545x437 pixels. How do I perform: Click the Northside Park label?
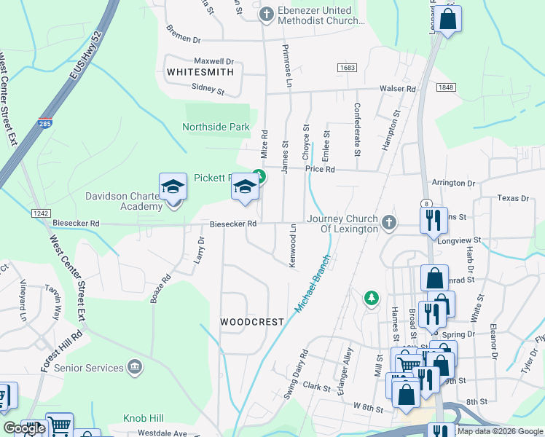pyautogui.click(x=216, y=127)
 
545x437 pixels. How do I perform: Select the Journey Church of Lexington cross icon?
pyautogui.click(x=389, y=223)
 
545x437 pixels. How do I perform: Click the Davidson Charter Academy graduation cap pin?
pyautogui.click(x=173, y=188)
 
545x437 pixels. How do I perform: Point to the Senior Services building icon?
pyautogui.click(x=134, y=367)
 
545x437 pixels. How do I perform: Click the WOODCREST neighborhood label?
pyautogui.click(x=251, y=321)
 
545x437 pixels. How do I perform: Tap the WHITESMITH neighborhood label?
pyautogui.click(x=200, y=72)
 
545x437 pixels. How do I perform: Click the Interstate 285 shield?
pyautogui.click(x=45, y=123)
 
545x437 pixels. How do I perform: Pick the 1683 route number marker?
pyautogui.click(x=347, y=67)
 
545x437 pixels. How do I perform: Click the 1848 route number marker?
pyautogui.click(x=446, y=87)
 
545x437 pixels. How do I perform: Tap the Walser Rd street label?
pyautogui.click(x=396, y=89)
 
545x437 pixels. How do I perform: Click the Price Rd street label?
pyautogui.click(x=320, y=169)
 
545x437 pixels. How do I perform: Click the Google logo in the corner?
pyautogui.click(x=24, y=428)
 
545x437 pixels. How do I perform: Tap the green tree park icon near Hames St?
pyautogui.click(x=372, y=298)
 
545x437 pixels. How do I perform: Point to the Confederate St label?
pyautogui.click(x=357, y=130)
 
